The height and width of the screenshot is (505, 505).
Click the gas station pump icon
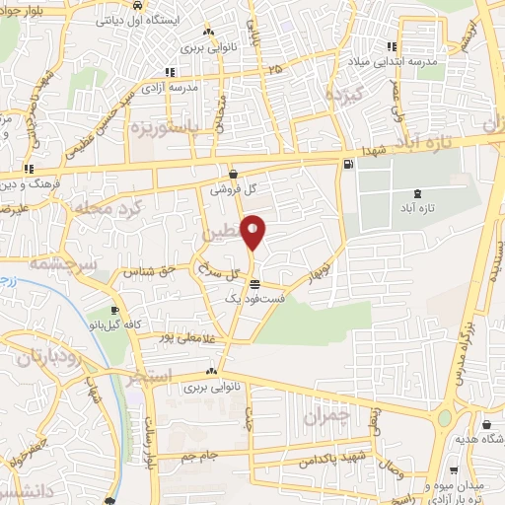pyautogui.click(x=347, y=164)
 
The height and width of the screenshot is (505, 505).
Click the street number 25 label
pyautogui.click(x=273, y=69)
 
